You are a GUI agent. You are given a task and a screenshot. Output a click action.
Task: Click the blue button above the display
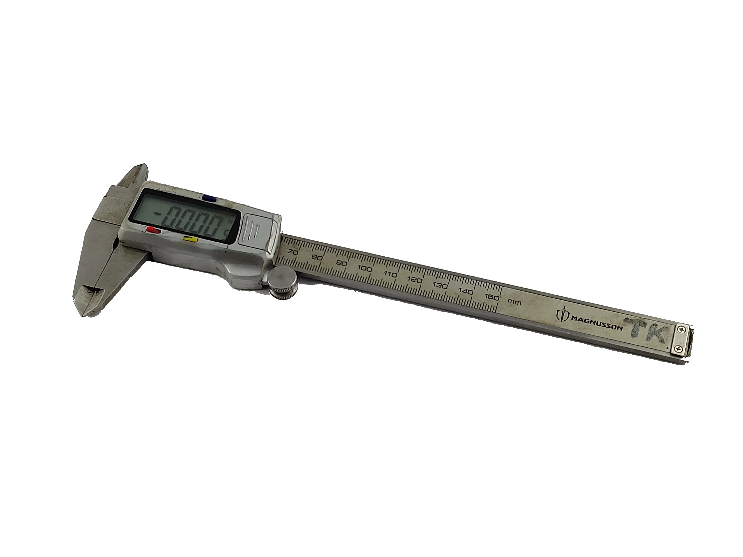209,198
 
